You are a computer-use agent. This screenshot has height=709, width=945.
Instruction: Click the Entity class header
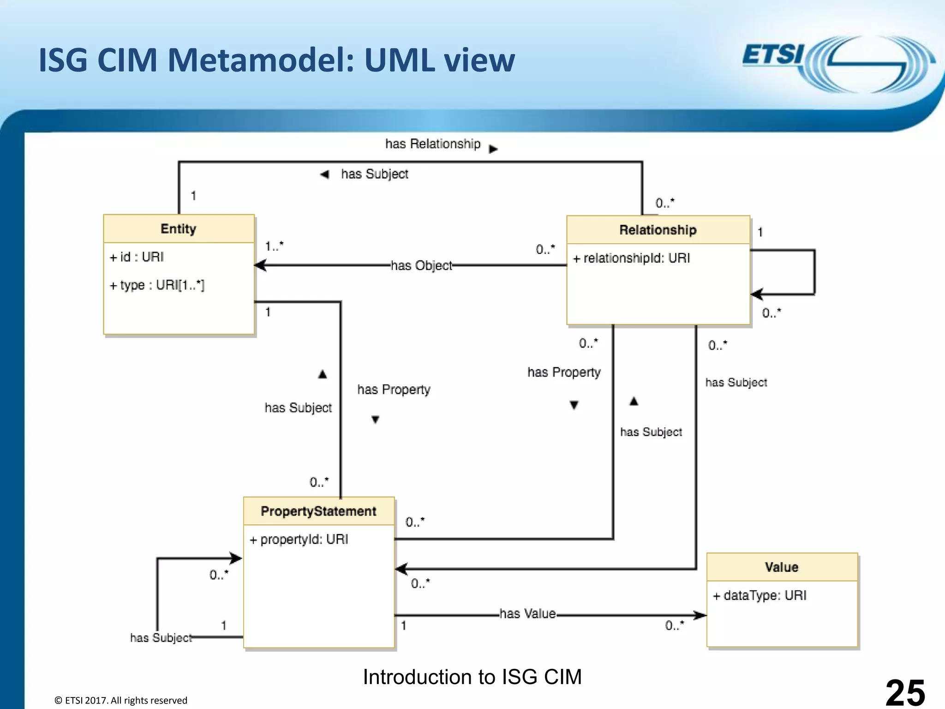click(179, 229)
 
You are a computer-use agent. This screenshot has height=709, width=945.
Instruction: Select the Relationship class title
click(658, 230)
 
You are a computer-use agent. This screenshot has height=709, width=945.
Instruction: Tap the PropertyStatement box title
click(318, 511)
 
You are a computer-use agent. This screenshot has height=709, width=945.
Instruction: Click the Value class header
click(782, 567)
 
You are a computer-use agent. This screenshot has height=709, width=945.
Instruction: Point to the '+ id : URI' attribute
click(137, 257)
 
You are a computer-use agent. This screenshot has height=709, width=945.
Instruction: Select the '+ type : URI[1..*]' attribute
click(157, 285)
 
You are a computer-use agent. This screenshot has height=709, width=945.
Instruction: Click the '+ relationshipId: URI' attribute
click(631, 258)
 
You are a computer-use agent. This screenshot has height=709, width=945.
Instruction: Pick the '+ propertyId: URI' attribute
click(299, 540)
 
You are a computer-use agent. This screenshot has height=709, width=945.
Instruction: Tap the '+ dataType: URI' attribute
click(760, 596)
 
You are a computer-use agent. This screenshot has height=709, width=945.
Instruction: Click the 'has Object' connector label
click(421, 266)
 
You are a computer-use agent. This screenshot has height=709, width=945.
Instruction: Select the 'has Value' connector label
click(527, 614)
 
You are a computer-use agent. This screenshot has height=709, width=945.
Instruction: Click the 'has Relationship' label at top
click(433, 144)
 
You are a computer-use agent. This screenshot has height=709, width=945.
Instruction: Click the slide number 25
click(905, 692)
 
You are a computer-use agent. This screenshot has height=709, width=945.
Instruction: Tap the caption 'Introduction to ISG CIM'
click(472, 677)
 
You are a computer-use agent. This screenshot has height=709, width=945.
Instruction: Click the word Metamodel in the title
click(260, 60)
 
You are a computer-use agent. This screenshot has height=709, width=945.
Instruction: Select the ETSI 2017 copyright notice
click(121, 700)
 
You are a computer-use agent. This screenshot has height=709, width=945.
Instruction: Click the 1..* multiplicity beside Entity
click(274, 246)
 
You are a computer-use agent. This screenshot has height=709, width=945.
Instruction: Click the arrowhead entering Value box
click(701, 615)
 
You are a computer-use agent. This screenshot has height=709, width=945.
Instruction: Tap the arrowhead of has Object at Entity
click(260, 265)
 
